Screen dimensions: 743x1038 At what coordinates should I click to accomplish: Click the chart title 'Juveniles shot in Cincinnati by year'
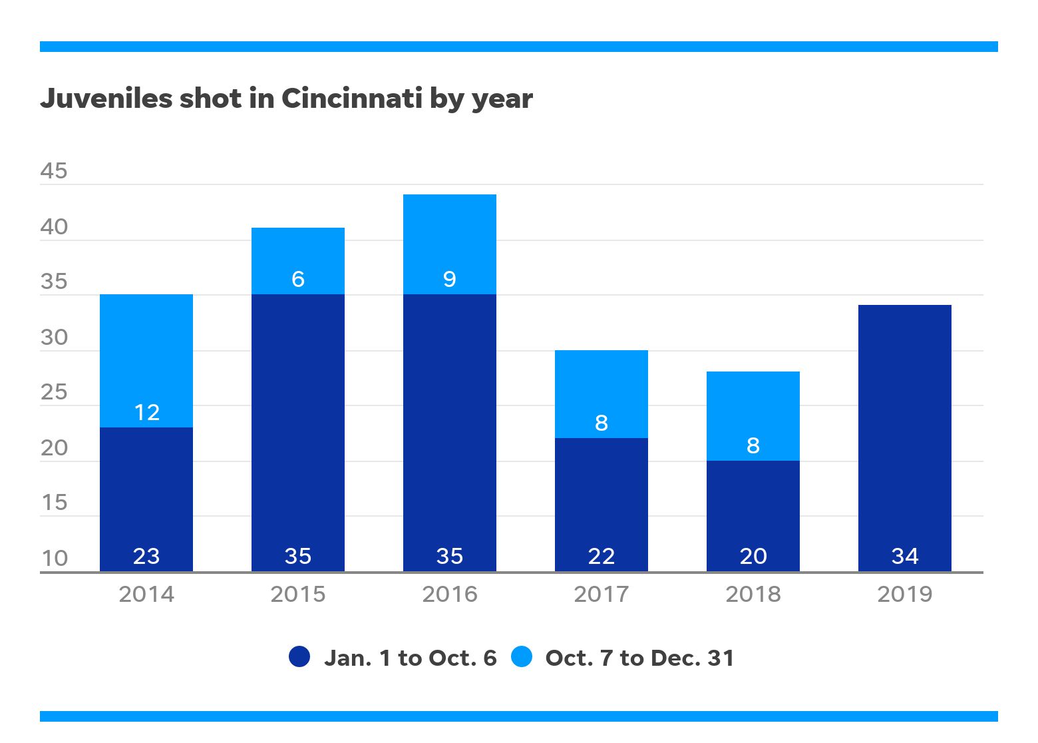click(286, 99)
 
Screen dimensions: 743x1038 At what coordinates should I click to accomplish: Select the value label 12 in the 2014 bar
click(146, 413)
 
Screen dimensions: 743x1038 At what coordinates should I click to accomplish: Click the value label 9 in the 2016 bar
click(449, 279)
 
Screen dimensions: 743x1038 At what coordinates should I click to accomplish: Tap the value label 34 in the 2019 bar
click(904, 556)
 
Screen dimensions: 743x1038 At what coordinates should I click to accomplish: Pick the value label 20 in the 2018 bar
click(753, 556)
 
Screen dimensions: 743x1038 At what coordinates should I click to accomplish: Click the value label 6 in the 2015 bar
click(297, 279)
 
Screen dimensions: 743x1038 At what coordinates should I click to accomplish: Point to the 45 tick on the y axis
click(54, 171)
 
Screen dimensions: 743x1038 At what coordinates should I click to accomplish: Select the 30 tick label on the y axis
click(54, 338)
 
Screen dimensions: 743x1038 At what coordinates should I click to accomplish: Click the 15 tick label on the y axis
click(54, 503)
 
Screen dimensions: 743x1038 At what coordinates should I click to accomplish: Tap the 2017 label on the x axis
click(601, 594)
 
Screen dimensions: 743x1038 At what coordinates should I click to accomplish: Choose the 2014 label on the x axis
click(146, 594)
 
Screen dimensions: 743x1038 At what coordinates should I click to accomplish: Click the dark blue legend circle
click(299, 656)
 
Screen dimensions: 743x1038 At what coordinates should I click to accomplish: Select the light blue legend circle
click(522, 656)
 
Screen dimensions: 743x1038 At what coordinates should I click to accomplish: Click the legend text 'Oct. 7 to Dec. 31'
click(639, 658)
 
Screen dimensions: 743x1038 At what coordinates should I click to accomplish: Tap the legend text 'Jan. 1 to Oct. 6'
click(410, 658)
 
